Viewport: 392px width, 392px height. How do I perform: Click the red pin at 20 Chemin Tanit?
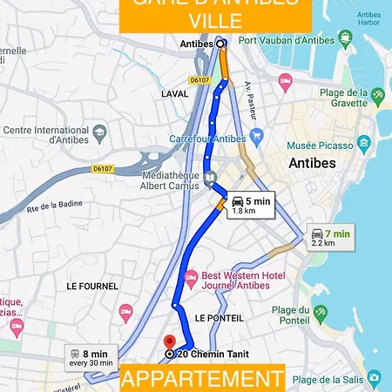169,341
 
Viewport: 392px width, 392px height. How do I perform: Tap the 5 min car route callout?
251,205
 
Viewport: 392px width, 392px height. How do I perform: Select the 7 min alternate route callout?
332,238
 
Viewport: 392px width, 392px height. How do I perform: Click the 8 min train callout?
91,358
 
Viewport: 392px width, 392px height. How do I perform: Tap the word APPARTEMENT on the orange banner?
201,379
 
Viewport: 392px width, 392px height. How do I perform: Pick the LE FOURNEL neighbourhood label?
91,286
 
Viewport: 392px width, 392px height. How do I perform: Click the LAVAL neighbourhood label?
174,93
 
